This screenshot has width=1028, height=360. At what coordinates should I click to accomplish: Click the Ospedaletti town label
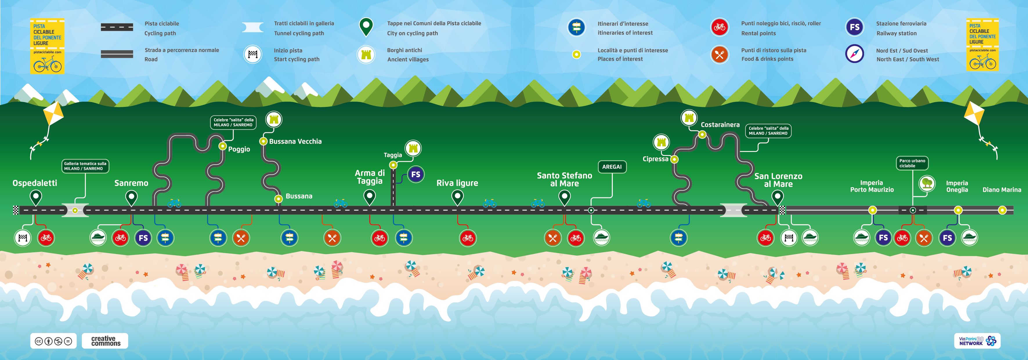[x=35, y=183]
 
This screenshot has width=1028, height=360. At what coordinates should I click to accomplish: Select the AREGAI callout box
[x=612, y=167]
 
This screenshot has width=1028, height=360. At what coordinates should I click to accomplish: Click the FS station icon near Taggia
[x=416, y=174]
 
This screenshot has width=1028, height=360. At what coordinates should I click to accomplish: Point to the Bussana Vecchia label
[x=295, y=141]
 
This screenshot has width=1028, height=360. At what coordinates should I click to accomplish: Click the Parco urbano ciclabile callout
[x=912, y=163]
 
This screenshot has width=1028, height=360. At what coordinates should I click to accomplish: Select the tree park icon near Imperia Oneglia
[x=927, y=183]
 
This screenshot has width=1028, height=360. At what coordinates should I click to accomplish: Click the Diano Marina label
[x=1002, y=190]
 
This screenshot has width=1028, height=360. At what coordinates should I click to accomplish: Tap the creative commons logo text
[x=105, y=341]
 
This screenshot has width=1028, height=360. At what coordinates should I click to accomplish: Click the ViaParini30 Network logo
[x=977, y=341]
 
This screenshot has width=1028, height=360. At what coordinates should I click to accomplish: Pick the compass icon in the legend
[x=854, y=54]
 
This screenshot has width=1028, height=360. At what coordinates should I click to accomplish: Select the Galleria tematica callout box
[x=85, y=166]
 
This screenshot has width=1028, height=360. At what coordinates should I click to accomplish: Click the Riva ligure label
[x=457, y=183]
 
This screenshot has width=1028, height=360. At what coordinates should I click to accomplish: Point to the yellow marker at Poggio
[x=223, y=146]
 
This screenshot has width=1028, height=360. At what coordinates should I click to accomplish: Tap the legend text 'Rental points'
[x=758, y=33]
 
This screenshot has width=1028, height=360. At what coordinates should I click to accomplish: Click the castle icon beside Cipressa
[x=661, y=142]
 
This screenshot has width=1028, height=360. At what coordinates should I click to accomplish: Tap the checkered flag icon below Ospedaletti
[x=23, y=238]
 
